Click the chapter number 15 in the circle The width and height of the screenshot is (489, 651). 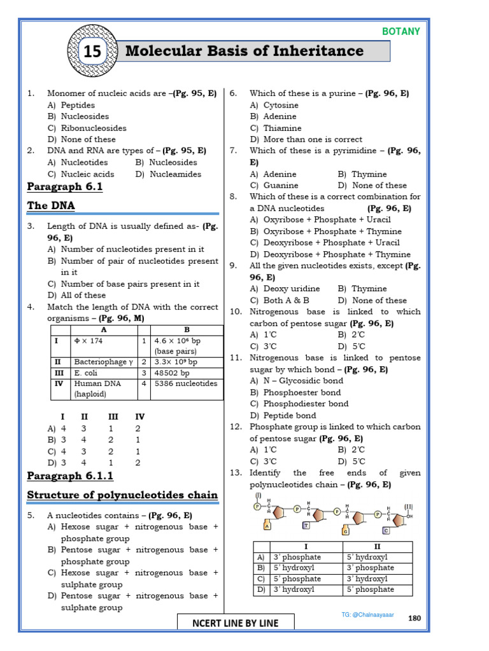[92, 52]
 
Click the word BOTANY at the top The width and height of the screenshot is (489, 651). [400, 31]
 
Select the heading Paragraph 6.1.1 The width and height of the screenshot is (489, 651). [70, 476]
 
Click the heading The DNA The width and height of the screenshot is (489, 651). [51, 205]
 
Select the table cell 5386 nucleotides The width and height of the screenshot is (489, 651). [185, 383]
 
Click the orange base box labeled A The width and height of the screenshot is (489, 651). [267, 526]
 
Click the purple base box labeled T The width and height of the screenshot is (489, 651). [306, 525]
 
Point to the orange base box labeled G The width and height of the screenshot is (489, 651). [346, 530]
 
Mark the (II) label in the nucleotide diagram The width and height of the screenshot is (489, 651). [408, 507]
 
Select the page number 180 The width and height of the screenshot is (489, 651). [413, 619]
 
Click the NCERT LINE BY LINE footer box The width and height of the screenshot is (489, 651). [236, 623]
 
